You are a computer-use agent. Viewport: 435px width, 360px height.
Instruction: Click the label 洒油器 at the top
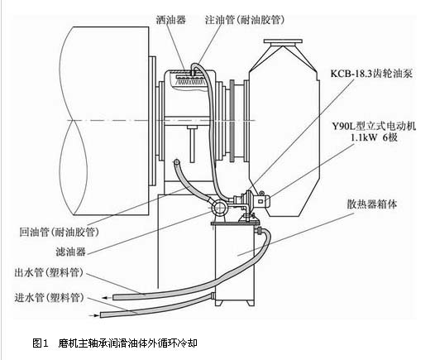click(170, 20)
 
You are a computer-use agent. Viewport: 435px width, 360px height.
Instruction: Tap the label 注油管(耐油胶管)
click(245, 20)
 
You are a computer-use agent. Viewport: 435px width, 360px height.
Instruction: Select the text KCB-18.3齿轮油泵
click(371, 74)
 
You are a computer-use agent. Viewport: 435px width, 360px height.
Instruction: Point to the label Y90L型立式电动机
click(374, 126)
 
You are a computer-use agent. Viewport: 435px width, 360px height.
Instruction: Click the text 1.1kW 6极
click(375, 137)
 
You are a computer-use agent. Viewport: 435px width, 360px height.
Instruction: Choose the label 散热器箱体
click(372, 204)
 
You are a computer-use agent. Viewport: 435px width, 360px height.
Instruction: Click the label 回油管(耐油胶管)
click(59, 232)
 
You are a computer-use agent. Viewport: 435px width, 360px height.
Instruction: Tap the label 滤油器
click(71, 252)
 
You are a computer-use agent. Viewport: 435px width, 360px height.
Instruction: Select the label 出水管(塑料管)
click(49, 273)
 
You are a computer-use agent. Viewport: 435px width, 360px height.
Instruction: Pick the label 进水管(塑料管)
click(49, 298)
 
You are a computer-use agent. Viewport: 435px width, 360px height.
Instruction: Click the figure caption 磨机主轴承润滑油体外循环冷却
click(128, 343)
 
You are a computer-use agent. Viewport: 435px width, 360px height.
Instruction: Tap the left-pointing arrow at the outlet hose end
click(107, 298)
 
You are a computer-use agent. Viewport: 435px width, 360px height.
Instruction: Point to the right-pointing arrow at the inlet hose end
click(93, 315)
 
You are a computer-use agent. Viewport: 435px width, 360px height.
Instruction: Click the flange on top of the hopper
click(283, 41)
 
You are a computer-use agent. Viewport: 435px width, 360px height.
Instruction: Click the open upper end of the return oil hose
click(176, 162)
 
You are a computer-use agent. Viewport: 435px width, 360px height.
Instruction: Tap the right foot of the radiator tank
click(251, 303)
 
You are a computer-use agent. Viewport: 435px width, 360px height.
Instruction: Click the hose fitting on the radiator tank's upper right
click(260, 230)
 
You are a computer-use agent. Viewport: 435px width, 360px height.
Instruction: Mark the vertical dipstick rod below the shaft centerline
click(192, 144)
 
